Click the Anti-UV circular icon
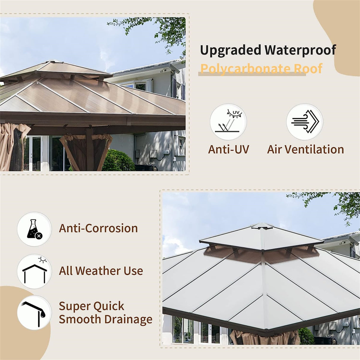click(228, 122)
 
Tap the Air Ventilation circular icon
click(305, 122)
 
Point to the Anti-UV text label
click(228, 149)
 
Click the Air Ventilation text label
click(305, 149)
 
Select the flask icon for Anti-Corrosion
click(34, 229)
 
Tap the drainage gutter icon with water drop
click(34, 313)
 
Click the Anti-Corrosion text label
click(98, 228)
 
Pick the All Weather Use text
click(101, 271)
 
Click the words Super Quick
click(91, 306)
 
